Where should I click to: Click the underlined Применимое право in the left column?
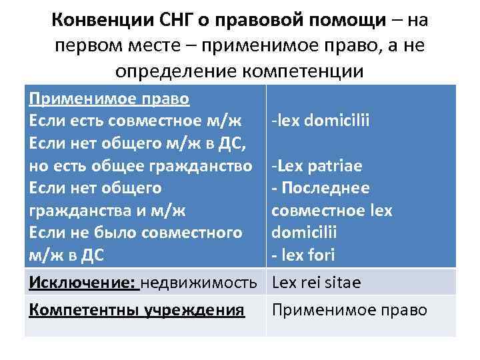(x=109, y=99)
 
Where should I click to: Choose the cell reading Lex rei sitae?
(x=316, y=283)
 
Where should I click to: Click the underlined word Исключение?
(x=81, y=283)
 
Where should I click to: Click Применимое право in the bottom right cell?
(x=349, y=310)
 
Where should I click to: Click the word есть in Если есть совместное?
(x=82, y=121)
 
